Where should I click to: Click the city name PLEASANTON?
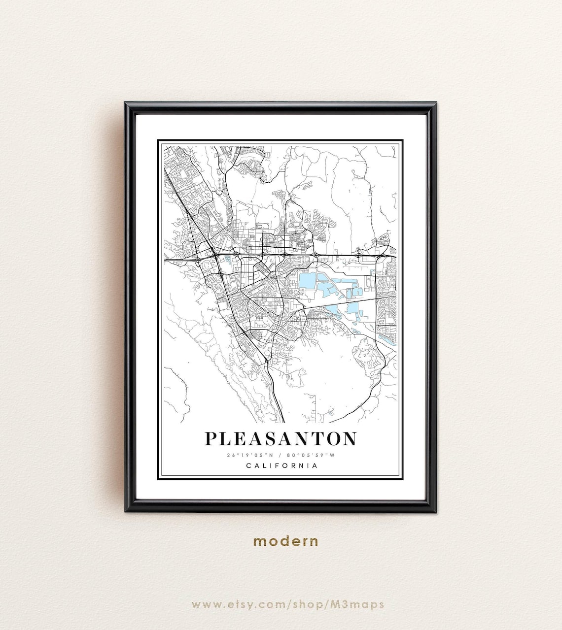(x=281, y=438)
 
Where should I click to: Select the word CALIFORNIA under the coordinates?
(x=281, y=465)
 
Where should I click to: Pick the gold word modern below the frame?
(x=285, y=541)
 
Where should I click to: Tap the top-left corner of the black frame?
(x=127, y=104)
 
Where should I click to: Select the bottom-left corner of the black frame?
(x=127, y=511)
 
